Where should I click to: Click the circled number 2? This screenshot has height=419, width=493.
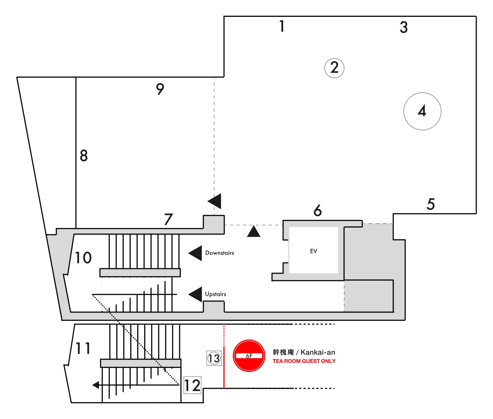click(x=334, y=68)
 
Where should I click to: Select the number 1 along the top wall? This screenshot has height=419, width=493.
click(x=282, y=26)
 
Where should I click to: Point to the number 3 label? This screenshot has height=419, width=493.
click(x=404, y=27)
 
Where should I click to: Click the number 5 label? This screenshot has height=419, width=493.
click(x=431, y=204)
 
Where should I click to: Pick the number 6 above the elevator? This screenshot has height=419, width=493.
click(x=318, y=211)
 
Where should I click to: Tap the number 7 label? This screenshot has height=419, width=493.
click(x=168, y=219)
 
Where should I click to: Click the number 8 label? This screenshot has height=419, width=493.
click(x=84, y=156)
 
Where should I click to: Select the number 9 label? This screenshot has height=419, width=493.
click(x=160, y=89)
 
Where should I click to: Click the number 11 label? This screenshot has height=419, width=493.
click(x=83, y=348)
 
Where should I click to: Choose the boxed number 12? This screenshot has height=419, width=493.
click(x=193, y=385)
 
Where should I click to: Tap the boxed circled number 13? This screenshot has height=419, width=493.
click(x=214, y=358)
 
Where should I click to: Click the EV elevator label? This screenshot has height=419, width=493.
click(x=313, y=251)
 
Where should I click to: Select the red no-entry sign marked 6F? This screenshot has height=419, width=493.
click(x=249, y=356)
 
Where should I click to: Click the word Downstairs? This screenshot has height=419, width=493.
click(x=220, y=253)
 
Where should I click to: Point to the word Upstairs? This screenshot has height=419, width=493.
click(x=216, y=294)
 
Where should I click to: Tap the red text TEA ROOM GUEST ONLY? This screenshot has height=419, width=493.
click(x=304, y=361)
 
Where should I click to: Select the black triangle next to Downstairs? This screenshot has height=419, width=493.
click(x=195, y=253)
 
